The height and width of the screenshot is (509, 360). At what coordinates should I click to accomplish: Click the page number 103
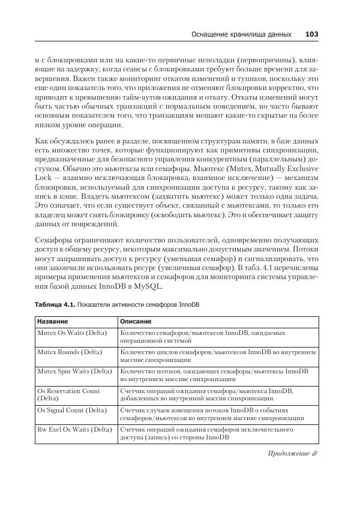[x=311, y=34]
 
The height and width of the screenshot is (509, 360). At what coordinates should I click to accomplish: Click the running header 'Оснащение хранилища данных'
[x=242, y=35]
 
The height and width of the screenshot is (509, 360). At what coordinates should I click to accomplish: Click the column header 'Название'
[x=53, y=322]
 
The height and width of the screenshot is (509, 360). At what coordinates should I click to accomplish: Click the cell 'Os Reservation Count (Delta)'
[x=68, y=394]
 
